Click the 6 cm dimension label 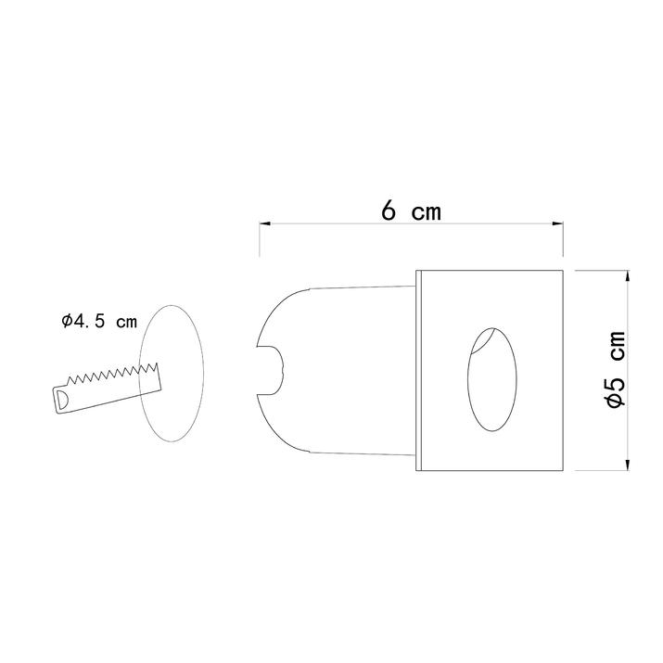click(411, 210)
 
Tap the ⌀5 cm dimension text click(615, 369)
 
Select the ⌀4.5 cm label click(99, 322)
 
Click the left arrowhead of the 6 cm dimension click(264, 223)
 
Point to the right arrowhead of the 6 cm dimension click(557, 223)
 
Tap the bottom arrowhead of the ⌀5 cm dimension click(627, 465)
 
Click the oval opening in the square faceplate click(492, 379)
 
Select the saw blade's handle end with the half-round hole click(62, 399)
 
